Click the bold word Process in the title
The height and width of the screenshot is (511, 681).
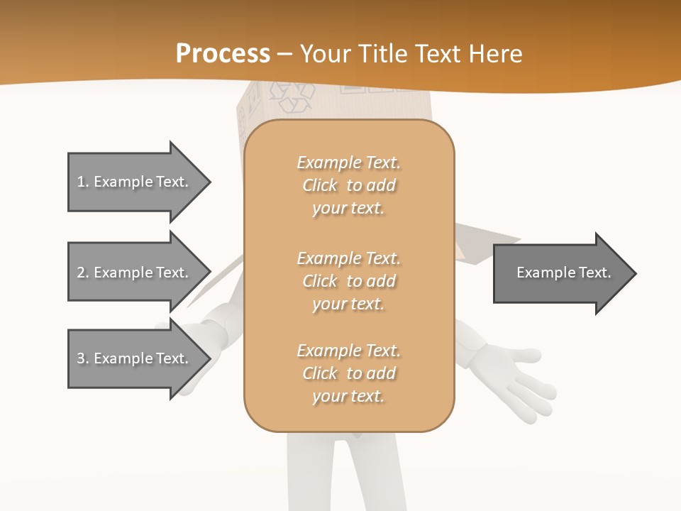[x=223, y=54]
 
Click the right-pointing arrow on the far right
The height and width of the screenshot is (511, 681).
[x=564, y=273]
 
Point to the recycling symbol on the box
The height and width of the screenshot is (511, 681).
[x=291, y=97]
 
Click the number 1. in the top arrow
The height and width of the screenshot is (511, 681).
[x=83, y=182]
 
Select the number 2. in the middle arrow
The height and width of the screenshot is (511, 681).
[x=83, y=273]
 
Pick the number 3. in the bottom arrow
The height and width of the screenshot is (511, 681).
[x=83, y=358]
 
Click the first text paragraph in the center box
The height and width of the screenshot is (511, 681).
[x=348, y=185]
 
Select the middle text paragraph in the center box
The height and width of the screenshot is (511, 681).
[x=348, y=281]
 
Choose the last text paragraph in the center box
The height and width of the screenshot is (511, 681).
[x=348, y=373]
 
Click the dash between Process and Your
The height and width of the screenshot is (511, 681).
[x=285, y=55]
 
